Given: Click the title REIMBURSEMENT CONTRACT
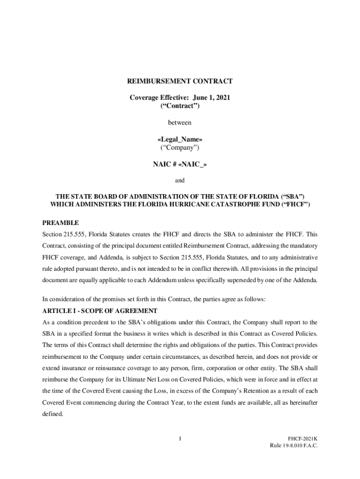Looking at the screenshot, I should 180,81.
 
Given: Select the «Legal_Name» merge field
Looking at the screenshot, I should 180,139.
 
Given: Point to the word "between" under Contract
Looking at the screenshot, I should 180,123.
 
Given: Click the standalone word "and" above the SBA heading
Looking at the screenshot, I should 180,180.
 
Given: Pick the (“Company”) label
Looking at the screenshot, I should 180,148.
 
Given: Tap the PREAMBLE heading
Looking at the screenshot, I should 61,223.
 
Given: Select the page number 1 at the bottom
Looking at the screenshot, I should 180,438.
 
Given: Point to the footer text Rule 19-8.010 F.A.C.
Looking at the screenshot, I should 294,446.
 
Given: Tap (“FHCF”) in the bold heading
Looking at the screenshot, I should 295,205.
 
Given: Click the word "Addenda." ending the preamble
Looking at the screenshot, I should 304,280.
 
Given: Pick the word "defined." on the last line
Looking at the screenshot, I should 53,414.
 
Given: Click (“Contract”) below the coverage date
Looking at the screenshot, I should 180,106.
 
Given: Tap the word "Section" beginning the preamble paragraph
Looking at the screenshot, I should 52,234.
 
